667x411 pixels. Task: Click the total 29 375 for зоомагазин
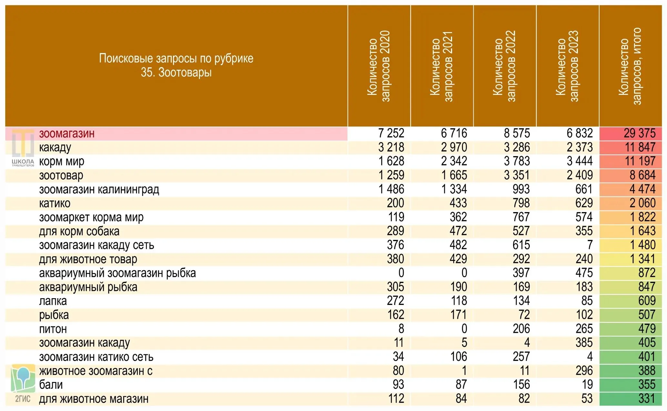[639, 133]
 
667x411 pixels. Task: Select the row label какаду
[55, 147]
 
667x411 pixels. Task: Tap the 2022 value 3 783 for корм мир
[517, 161]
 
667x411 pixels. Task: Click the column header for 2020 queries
[379, 66]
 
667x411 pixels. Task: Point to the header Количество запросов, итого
[630, 66]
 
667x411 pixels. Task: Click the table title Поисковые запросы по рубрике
[176, 58]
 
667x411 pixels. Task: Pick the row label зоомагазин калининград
[99, 189]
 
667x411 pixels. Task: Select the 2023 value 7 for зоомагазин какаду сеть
[590, 245]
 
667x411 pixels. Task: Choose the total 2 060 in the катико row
[642, 203]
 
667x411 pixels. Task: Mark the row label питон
[53, 329]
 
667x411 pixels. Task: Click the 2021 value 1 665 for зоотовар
[454, 175]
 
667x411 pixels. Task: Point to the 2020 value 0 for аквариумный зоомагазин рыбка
[401, 273]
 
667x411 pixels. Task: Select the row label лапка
[53, 301]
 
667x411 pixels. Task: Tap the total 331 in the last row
[647, 399]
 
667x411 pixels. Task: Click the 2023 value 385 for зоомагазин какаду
[584, 343]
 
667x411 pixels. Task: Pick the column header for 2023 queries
[567, 66]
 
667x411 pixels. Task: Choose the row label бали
[51, 385]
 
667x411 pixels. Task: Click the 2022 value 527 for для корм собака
[521, 231]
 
